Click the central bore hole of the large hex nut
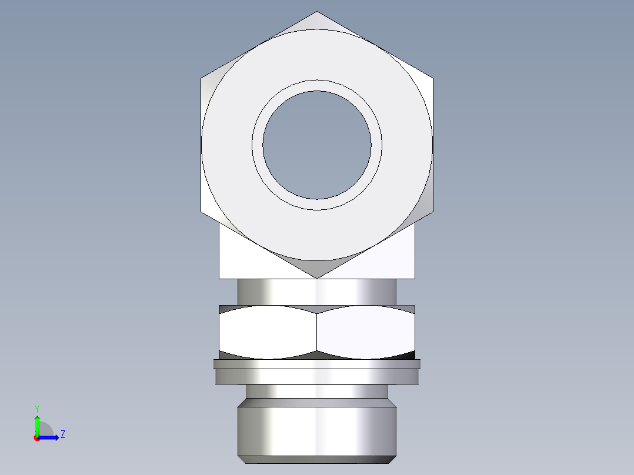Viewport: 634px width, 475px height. (317, 145)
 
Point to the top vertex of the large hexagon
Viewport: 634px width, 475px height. (317, 12)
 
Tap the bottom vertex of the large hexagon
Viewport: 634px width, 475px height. (317, 278)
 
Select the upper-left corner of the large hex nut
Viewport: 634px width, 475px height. (201, 78)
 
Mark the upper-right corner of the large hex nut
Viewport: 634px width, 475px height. (433, 78)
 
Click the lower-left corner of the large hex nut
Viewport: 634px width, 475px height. (201, 212)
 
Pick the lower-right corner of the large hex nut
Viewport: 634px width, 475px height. (433, 212)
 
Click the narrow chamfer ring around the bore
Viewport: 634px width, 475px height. (317, 86)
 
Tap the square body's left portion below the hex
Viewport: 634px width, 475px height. (241, 259)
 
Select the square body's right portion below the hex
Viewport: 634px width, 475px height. (394, 259)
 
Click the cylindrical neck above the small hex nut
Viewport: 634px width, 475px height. (317, 292)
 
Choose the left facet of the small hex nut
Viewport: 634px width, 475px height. (268, 332)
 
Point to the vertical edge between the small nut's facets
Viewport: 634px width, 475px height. (317, 332)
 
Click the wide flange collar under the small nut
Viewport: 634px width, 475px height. (317, 372)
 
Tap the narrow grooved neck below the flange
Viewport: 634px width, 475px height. (317, 391)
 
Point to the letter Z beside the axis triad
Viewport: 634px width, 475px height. (62, 434)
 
